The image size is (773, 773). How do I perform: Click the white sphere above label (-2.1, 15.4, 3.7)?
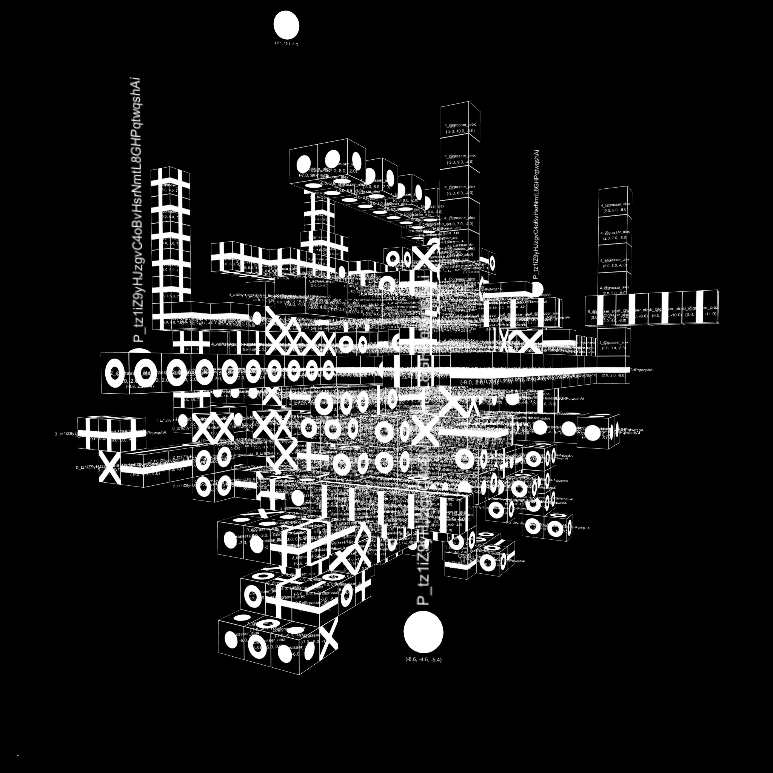pyautogui.click(x=286, y=25)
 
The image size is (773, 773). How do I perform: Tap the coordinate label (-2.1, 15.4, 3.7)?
pyautogui.click(x=286, y=44)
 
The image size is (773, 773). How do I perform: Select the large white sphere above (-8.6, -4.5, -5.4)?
pyautogui.click(x=423, y=632)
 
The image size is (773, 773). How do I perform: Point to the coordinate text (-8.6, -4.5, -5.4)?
pyautogui.click(x=423, y=659)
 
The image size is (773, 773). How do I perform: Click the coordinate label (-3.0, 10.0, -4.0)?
pyautogui.click(x=460, y=131)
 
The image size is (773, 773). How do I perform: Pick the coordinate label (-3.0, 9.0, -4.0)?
pyautogui.click(x=460, y=162)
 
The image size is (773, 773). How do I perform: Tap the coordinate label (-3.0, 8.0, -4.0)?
pyautogui.click(x=460, y=193)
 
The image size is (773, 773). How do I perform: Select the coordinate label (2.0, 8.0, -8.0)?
pyautogui.click(x=615, y=209)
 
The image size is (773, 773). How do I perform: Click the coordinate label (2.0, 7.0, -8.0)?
pyautogui.click(x=615, y=238)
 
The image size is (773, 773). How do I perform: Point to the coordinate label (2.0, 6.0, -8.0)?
pyautogui.click(x=615, y=265)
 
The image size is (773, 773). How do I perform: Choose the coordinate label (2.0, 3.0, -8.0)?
pyautogui.click(x=614, y=348)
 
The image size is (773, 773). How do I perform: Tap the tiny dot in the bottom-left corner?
pyautogui.click(x=18, y=756)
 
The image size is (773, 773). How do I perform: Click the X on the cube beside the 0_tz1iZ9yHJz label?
pyautogui.click(x=109, y=467)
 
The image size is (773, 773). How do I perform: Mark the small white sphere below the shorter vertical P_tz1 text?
pyautogui.click(x=537, y=288)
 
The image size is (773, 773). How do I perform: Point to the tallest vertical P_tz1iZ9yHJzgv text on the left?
pyautogui.click(x=137, y=210)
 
